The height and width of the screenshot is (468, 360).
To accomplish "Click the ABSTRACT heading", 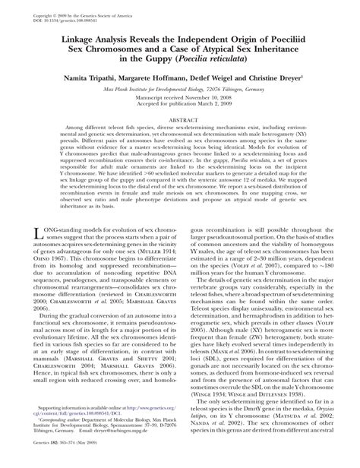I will (x=180, y=141).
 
